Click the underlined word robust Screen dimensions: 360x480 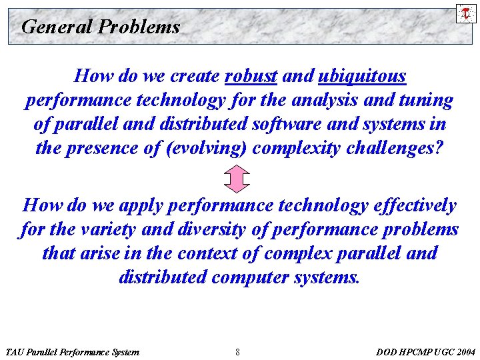point(251,77)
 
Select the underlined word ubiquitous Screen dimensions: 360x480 point(362,77)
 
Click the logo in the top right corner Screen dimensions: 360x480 point(466,13)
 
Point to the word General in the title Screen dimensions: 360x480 point(57,27)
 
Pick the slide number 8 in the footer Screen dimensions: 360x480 point(238,351)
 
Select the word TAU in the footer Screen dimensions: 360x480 point(15,351)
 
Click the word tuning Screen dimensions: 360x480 point(426,101)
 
